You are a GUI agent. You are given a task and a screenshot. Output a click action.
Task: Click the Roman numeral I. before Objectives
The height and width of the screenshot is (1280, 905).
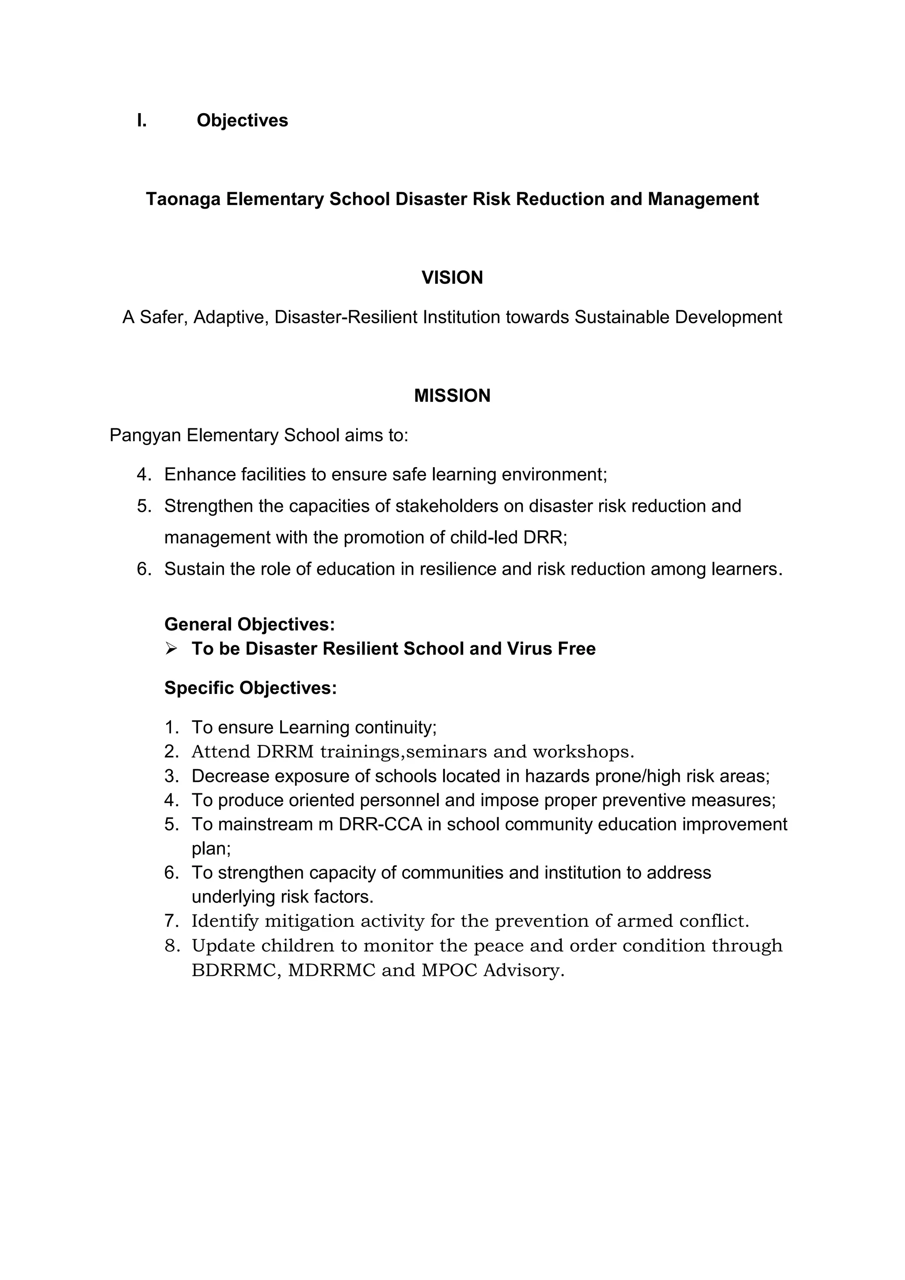(141, 120)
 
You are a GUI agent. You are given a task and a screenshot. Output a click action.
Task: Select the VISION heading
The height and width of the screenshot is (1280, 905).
(452, 278)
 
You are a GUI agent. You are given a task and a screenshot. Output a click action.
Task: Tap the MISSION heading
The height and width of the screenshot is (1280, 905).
(452, 396)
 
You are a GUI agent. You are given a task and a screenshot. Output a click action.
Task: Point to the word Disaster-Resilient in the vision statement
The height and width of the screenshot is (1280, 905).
(346, 317)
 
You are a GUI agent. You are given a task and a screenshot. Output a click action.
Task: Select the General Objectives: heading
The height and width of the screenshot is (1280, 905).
(249, 625)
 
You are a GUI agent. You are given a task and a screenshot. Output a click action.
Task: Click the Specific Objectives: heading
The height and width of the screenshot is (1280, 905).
(250, 688)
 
